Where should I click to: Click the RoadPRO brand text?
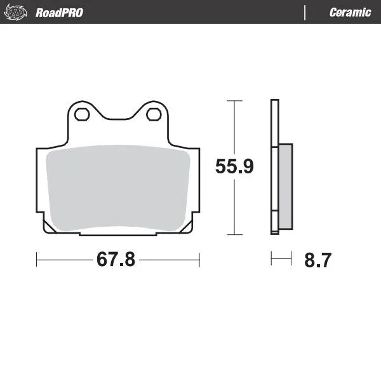[59, 13]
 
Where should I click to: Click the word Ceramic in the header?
[350, 13]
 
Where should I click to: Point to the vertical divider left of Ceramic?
[305, 13]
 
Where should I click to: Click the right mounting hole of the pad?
[153, 115]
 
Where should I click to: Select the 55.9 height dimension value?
[234, 167]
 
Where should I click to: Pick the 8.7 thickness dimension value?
[318, 260]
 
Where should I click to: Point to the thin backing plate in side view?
[274, 166]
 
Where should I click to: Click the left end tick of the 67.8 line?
[37, 259]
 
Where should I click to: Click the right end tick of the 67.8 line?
[199, 259]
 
